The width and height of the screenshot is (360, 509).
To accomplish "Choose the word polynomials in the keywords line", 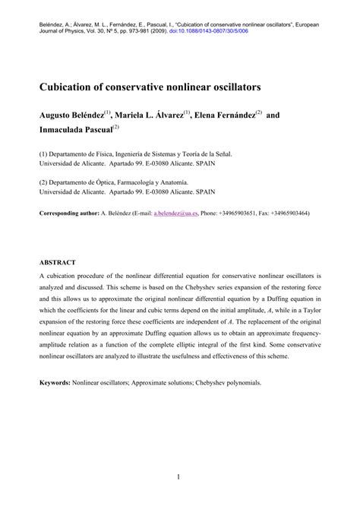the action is (x=239, y=384).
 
